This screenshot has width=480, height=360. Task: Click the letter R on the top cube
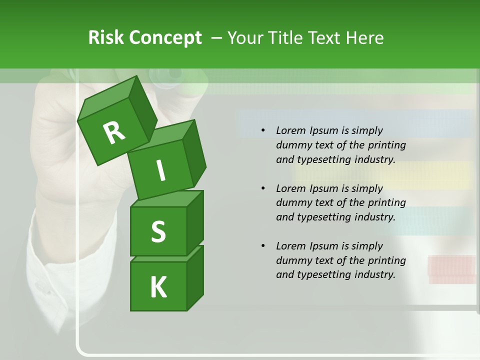114,132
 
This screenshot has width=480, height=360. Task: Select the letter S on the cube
158,231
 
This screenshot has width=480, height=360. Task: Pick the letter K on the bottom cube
158,287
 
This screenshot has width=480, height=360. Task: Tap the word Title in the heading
288,37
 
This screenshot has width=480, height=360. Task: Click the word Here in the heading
364,37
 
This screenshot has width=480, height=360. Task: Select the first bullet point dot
263,131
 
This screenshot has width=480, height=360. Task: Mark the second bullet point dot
263,188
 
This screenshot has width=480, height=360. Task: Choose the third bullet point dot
263,246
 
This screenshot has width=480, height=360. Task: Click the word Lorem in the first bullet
290,130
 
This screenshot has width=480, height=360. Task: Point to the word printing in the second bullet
386,203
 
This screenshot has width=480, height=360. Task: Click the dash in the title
217,37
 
